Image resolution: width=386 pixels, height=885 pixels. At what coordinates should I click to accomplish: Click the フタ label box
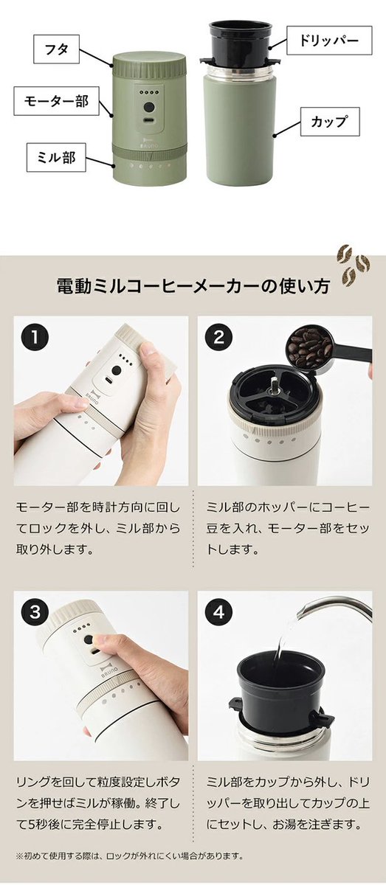[x=57, y=49]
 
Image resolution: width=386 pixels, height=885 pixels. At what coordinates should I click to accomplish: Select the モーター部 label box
[x=56, y=101]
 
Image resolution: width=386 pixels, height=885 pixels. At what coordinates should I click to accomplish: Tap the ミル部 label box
[x=56, y=157]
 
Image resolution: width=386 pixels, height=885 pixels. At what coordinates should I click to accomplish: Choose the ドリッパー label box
[x=329, y=41]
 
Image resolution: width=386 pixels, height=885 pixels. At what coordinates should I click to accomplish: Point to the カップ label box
[x=330, y=122]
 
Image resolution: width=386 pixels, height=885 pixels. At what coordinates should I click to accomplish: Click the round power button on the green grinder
[x=149, y=107]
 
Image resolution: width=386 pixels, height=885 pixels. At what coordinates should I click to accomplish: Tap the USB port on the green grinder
[x=149, y=121]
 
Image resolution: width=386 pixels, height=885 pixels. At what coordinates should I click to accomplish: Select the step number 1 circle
[x=35, y=338]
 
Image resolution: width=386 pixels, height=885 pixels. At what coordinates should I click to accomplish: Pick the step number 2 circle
[x=218, y=338]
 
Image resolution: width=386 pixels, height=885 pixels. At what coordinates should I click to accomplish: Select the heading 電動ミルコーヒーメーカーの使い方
[x=193, y=286]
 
